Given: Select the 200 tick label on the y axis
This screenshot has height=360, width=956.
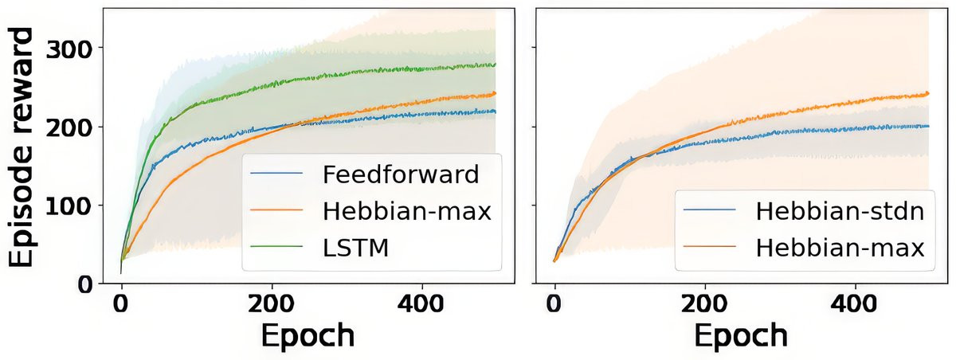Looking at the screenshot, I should coord(69,127).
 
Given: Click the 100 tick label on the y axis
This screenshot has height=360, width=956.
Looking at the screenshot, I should coord(69,205).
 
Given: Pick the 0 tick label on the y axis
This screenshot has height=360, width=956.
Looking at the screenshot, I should coord(85,284).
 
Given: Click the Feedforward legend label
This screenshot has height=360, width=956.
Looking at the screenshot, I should coord(402,173).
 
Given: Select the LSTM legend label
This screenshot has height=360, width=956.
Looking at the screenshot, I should coord(358,248).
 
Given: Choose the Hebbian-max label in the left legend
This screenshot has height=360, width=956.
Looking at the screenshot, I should coord(406,210).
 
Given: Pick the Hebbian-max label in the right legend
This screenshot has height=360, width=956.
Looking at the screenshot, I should coord(839,248).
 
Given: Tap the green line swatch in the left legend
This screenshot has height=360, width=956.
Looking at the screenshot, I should coord(276,248).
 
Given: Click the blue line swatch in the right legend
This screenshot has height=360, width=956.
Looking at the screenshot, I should coord(709,212).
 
